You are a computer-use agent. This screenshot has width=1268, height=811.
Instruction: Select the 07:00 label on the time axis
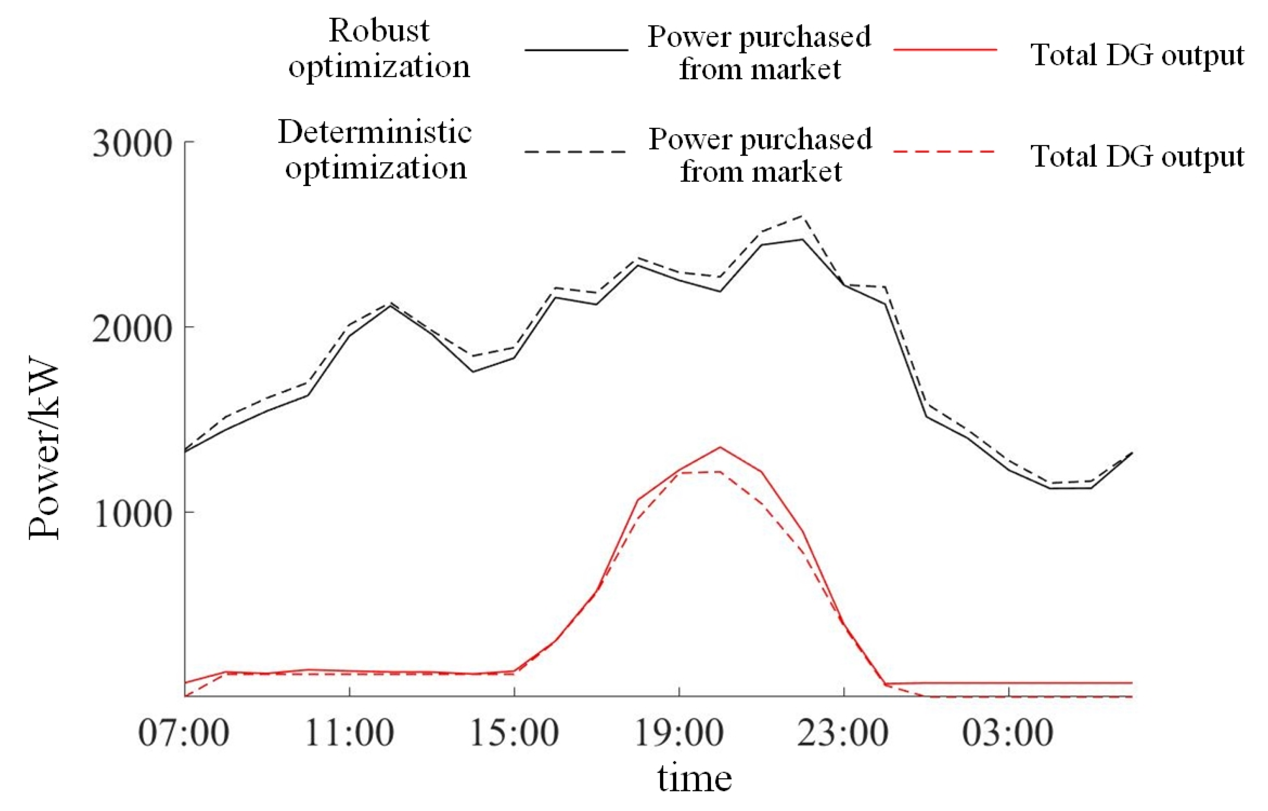[x=183, y=733]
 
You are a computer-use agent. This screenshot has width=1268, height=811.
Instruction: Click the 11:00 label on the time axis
[x=349, y=733]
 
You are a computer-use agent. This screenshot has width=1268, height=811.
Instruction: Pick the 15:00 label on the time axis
[x=514, y=733]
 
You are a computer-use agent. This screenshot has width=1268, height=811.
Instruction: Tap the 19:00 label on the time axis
[x=679, y=733]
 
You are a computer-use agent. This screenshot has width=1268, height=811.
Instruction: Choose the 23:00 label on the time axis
[x=843, y=733]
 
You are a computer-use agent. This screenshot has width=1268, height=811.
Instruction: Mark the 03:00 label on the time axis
[x=1008, y=733]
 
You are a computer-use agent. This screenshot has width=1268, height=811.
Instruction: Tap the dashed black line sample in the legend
[x=576, y=152]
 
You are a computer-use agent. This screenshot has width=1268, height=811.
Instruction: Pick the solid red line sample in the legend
[x=945, y=50]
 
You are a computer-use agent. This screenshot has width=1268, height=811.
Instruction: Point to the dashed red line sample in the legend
[x=945, y=152]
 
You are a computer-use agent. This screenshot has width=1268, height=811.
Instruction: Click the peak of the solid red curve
[x=720, y=447]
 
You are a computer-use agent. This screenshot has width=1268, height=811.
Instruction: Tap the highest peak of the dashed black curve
[x=802, y=215]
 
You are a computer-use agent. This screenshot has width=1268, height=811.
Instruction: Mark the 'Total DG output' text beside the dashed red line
[x=1137, y=156]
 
